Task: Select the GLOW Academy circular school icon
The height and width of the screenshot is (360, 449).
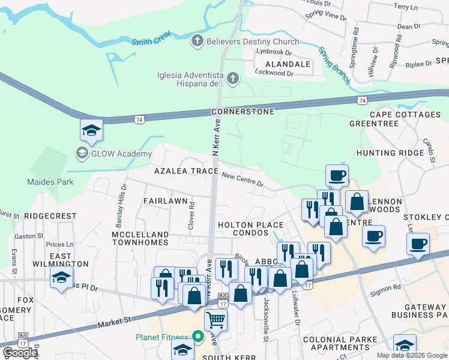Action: (x=81, y=154)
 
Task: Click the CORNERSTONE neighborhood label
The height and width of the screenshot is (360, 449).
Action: (x=243, y=112)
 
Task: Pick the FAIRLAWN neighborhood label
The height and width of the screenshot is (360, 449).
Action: (x=166, y=200)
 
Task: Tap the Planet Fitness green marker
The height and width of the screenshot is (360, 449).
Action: (x=196, y=337)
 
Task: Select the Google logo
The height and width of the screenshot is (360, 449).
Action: (x=20, y=353)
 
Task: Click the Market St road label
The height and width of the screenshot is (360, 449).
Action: (x=114, y=323)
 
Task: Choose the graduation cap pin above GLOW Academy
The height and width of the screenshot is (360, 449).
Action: (x=91, y=130)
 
